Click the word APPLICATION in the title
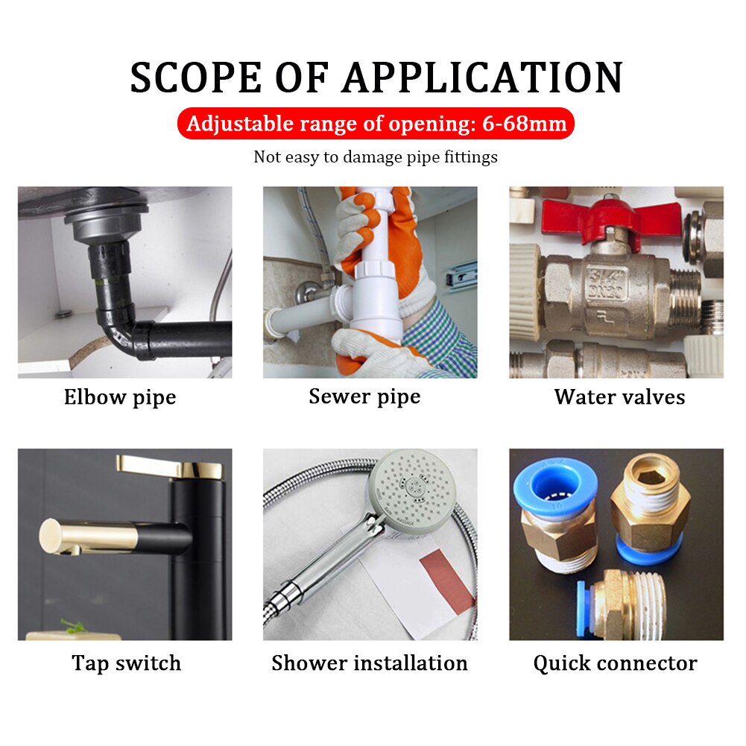(481, 77)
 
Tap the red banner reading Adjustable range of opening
(376, 123)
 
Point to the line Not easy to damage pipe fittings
(376, 157)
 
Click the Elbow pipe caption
(119, 397)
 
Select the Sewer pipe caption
(364, 396)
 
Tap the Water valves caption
(619, 397)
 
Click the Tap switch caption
(126, 663)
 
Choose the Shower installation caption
(370, 663)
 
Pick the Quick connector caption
(615, 663)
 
